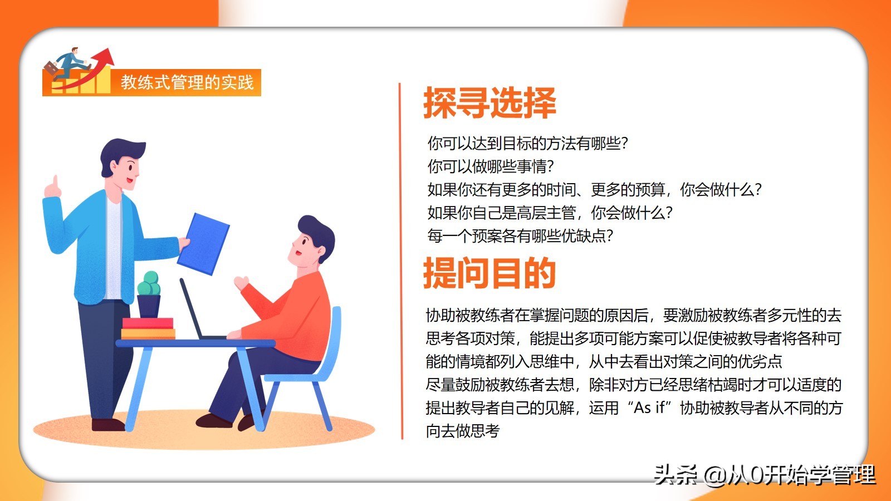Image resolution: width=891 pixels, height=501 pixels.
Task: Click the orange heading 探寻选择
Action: [x=489, y=103]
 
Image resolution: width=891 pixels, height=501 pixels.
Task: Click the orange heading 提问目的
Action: [x=489, y=273]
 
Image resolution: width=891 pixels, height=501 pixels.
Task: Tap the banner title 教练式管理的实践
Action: [x=187, y=82]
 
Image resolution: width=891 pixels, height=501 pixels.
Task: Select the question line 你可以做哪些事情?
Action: [x=491, y=166]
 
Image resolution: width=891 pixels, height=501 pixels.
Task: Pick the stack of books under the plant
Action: [x=148, y=329]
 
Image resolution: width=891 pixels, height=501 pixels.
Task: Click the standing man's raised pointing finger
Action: [x=55, y=182]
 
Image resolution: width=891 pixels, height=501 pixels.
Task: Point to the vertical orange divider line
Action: [x=401, y=261]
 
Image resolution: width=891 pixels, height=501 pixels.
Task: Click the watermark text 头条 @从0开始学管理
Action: [x=765, y=475]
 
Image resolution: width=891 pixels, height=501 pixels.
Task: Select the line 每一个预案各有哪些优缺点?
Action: [x=520, y=236]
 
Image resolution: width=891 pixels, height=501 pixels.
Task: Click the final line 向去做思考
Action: [x=463, y=431]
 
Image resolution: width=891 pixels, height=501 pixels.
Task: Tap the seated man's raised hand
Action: [x=241, y=283]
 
